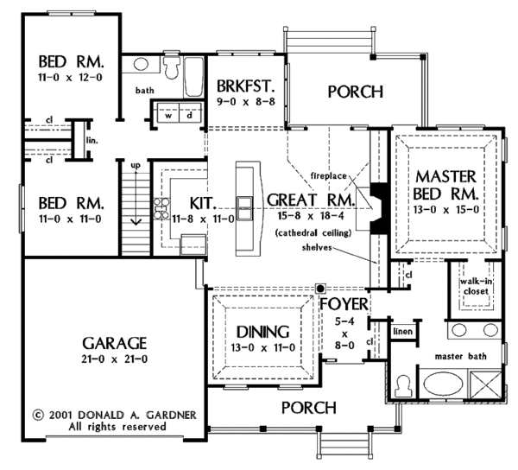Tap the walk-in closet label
tap(474, 286)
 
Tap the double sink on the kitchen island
tap(245, 208)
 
